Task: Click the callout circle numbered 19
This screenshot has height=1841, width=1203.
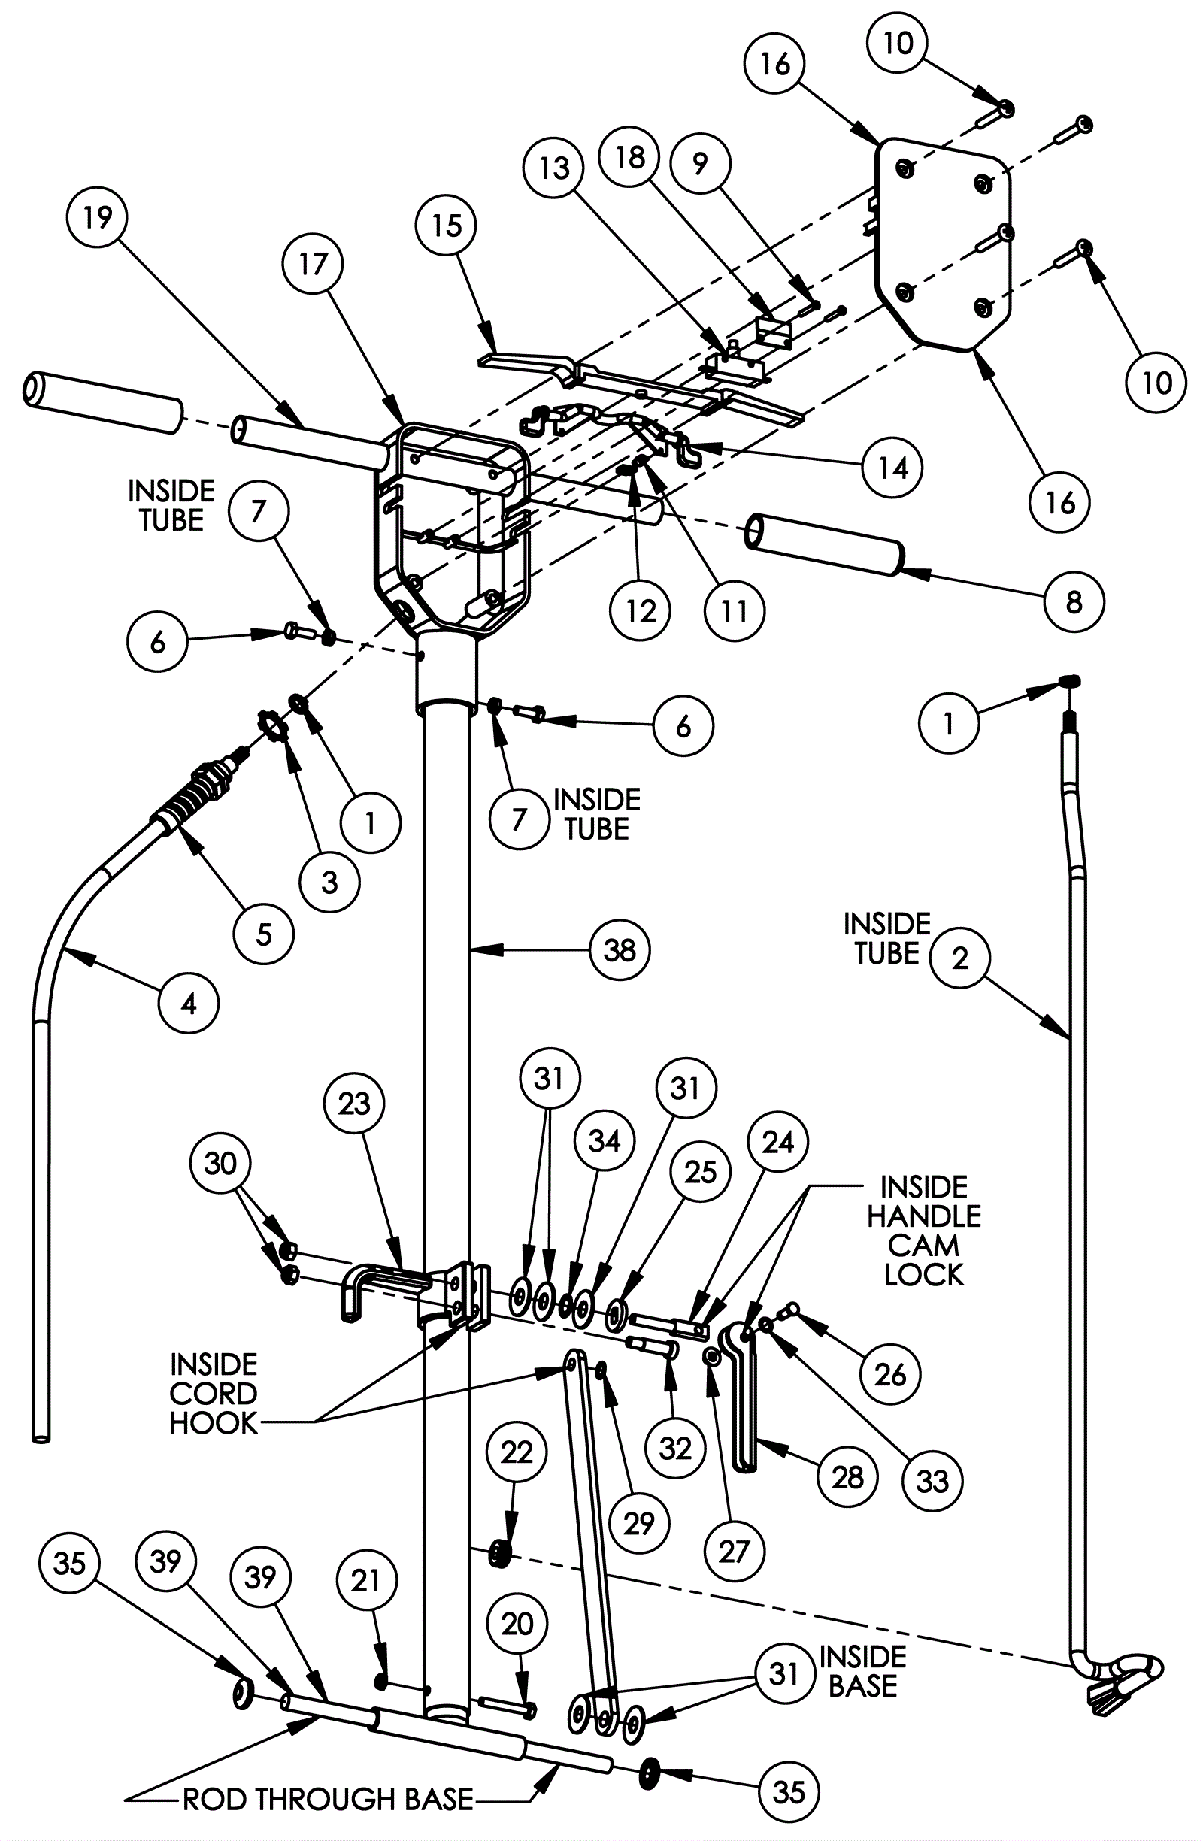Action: point(98,218)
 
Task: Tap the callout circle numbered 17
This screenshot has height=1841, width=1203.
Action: point(314,265)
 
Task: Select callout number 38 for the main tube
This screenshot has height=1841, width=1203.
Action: point(620,950)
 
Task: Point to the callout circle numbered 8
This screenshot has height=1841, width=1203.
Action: point(1074,603)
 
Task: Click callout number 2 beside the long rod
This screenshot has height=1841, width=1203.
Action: point(960,958)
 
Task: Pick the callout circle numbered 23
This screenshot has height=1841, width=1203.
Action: point(354,1104)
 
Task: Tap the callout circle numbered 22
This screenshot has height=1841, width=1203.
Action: point(517,1452)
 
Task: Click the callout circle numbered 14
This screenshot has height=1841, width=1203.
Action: point(892,468)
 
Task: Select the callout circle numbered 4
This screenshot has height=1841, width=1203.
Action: point(189,1004)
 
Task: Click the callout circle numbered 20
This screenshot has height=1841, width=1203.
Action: point(517,1624)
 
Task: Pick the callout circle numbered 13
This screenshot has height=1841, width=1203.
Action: point(554,168)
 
